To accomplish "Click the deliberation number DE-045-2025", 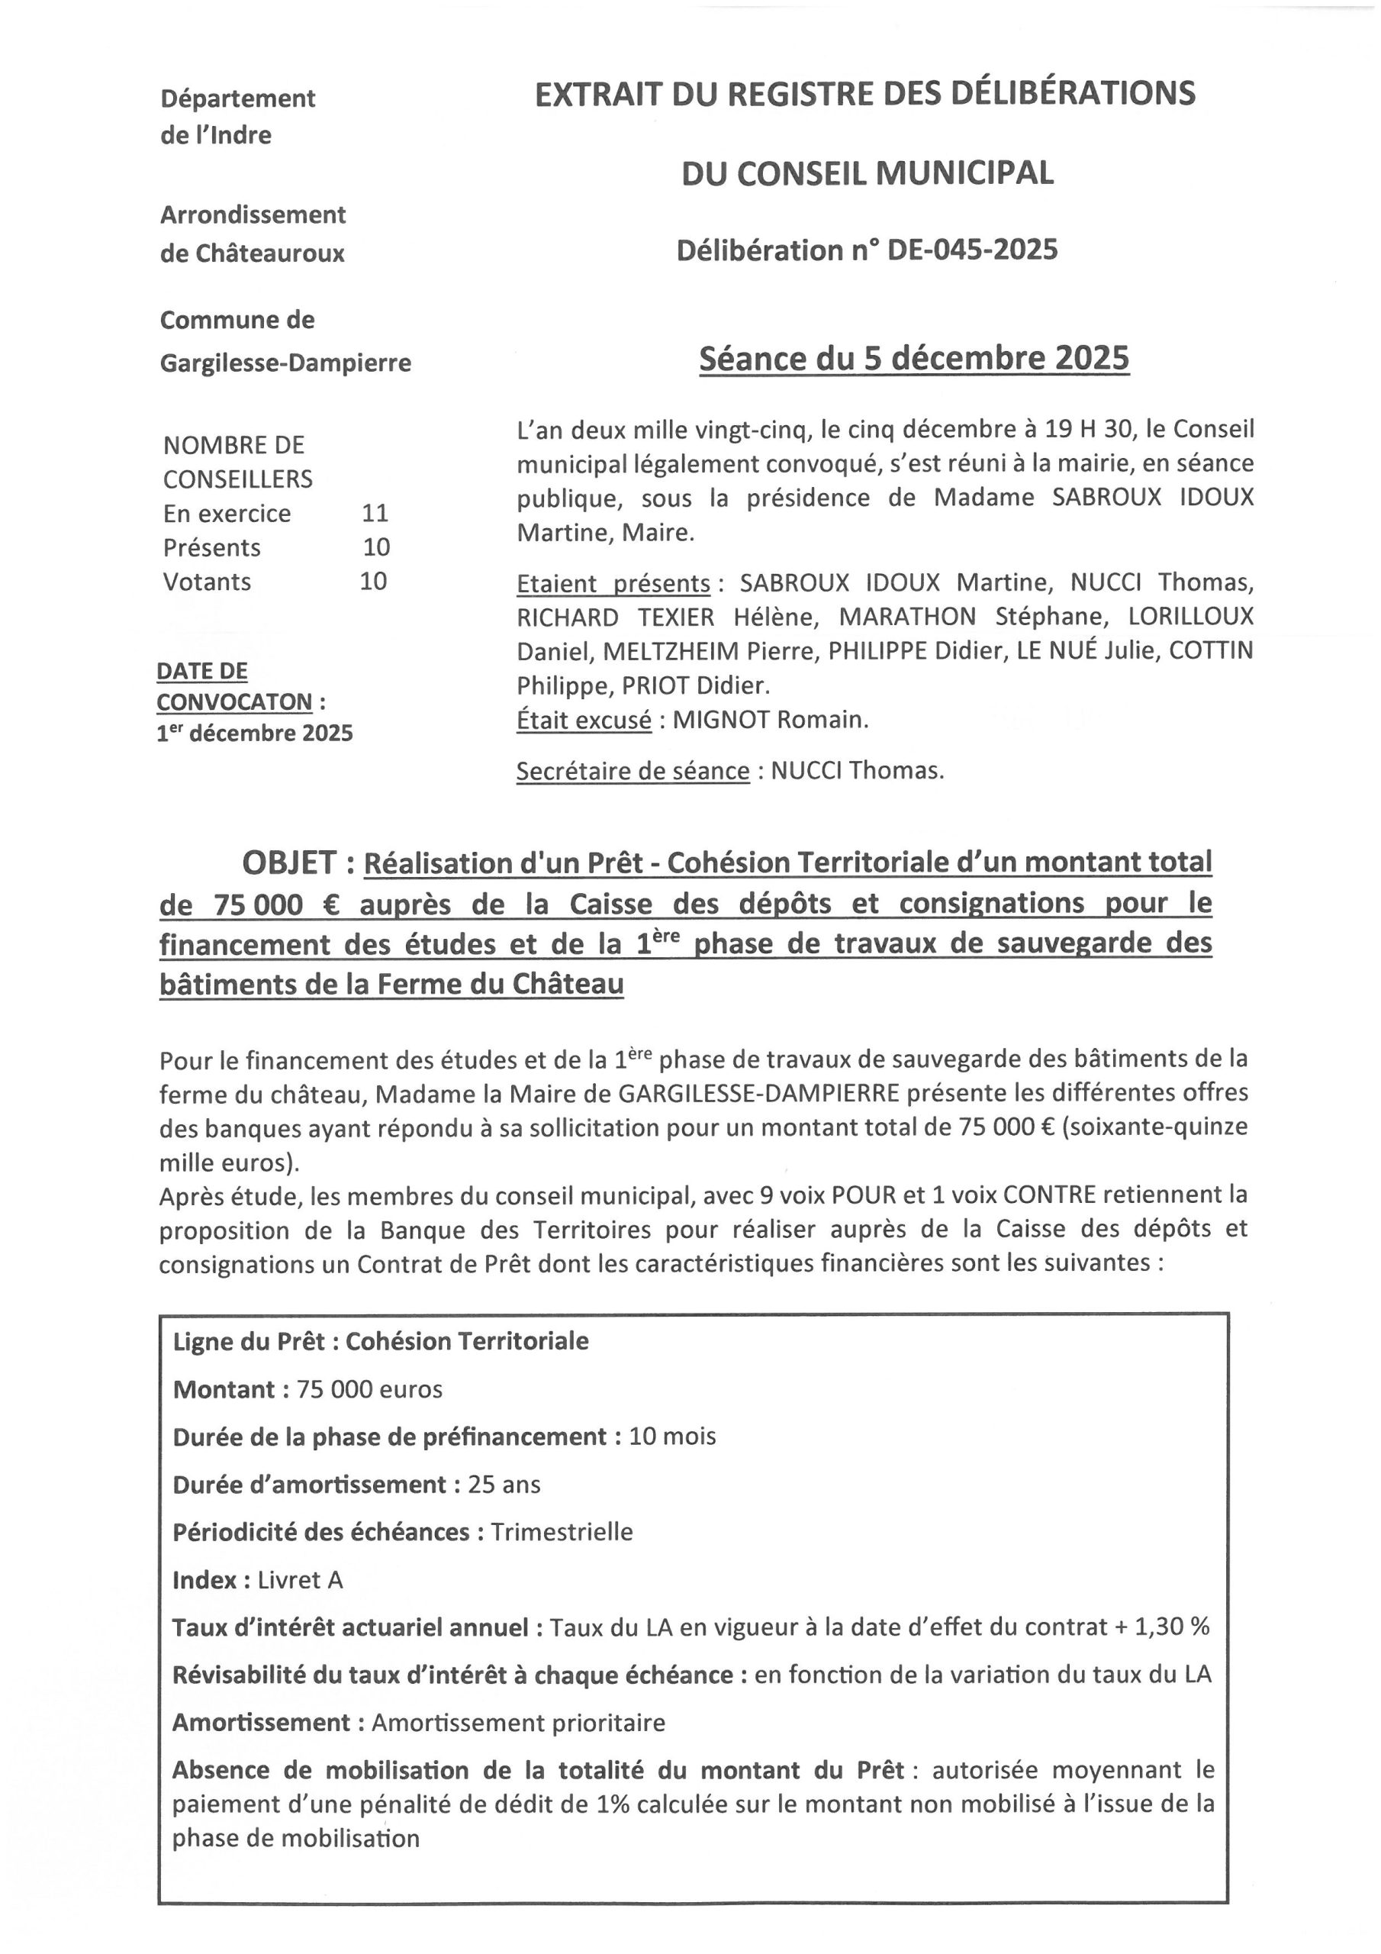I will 972,250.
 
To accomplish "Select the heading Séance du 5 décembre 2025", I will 914,358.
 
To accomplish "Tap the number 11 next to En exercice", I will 375,513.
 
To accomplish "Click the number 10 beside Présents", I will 376,547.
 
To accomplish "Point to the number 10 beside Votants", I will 374,582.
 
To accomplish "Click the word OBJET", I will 289,863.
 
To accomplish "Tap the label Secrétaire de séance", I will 633,771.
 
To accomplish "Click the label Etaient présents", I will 613,584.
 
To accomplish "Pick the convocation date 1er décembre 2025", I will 254,734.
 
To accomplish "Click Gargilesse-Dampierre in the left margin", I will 285,363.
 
